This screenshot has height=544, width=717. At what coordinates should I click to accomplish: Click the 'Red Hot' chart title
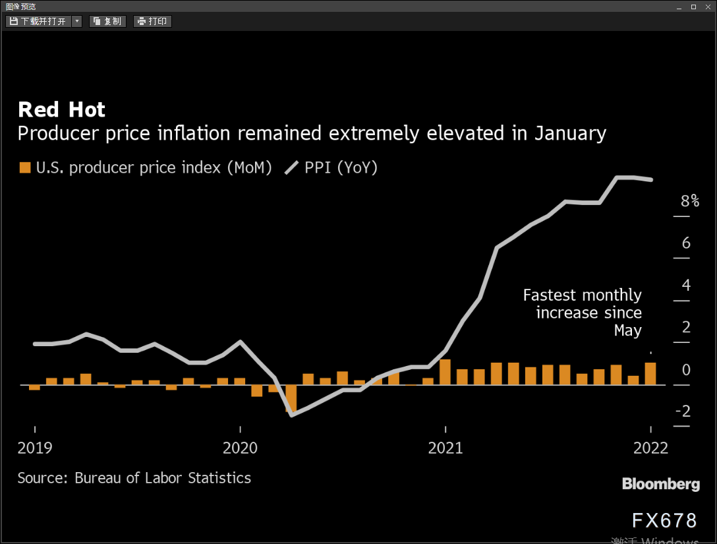[61, 110]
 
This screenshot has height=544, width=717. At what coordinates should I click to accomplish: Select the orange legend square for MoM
[24, 167]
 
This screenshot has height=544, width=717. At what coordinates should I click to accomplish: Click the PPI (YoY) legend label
[341, 167]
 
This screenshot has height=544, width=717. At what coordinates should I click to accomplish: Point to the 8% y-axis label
[689, 200]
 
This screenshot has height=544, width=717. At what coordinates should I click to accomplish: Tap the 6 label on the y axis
[686, 243]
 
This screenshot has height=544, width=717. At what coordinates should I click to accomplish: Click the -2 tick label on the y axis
[683, 411]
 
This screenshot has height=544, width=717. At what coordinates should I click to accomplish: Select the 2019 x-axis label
[35, 448]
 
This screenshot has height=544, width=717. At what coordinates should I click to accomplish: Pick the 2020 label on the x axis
[240, 448]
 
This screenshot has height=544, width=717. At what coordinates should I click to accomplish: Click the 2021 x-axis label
[445, 448]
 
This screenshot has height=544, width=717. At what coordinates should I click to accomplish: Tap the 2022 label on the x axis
[650, 448]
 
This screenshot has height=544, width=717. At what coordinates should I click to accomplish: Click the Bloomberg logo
[661, 484]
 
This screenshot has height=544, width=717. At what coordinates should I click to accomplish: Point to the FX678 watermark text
[664, 521]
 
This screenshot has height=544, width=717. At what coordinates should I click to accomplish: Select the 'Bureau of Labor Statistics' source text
[163, 478]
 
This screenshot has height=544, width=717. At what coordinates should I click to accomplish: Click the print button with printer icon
[152, 22]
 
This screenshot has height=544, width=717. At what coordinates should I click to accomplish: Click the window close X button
[708, 7]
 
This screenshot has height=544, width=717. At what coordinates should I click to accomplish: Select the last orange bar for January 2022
[650, 374]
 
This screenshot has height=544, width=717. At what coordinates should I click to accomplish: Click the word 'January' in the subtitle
[571, 134]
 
